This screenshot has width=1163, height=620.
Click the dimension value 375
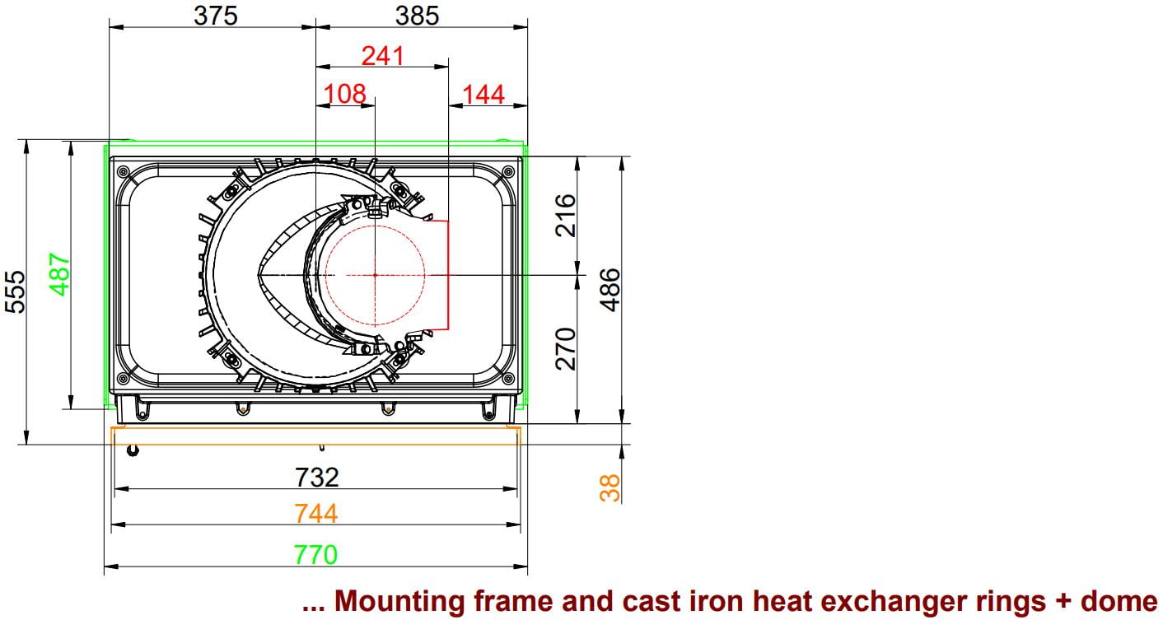[216, 16]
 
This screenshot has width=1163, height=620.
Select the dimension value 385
[417, 16]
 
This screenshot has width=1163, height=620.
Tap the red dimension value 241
[382, 55]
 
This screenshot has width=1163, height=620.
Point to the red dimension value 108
[345, 94]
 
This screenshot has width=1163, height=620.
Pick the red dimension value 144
[483, 95]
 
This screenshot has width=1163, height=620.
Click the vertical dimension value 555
[15, 291]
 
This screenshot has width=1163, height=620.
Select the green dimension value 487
[59, 274]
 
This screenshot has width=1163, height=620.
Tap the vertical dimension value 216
[565, 216]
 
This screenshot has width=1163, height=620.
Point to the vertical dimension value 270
[565, 348]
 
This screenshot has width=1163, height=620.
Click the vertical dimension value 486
[610, 290]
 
